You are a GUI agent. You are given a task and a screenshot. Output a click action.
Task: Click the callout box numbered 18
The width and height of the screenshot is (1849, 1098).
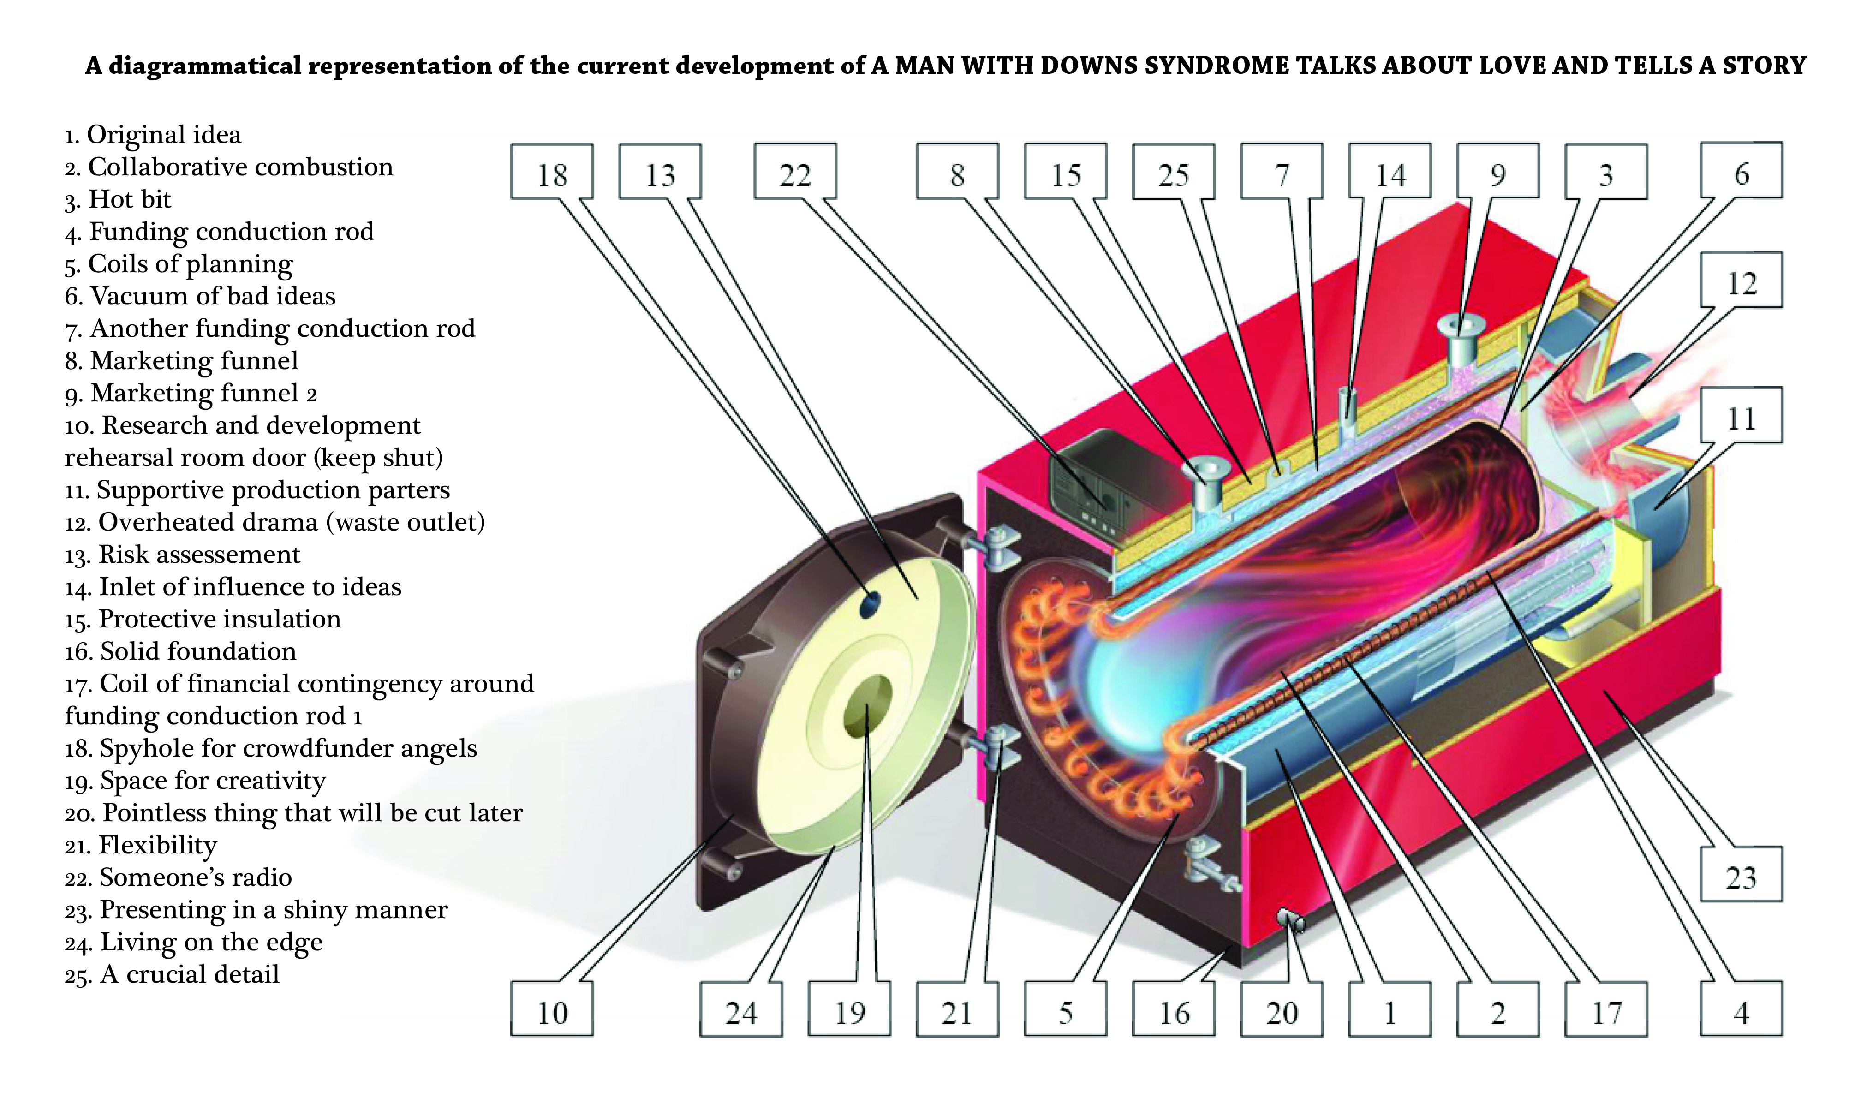point(551,172)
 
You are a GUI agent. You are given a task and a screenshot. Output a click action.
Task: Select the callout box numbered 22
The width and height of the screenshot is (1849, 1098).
point(795,172)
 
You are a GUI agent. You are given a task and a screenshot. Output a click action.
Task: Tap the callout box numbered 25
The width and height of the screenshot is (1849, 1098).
point(1174,172)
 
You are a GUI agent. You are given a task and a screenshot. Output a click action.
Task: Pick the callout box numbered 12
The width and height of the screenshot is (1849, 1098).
point(1741,280)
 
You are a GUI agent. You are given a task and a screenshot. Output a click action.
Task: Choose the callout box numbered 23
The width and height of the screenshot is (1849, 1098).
point(1741,875)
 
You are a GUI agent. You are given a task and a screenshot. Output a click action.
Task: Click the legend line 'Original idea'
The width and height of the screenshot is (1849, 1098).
point(153,135)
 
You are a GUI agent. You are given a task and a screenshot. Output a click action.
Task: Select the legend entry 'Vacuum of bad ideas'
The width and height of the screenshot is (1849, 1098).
point(200,296)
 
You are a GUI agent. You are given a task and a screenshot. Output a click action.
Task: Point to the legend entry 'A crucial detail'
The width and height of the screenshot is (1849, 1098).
point(173,974)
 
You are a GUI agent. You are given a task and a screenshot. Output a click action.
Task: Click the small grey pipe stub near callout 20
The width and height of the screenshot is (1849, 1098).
point(1291,919)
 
